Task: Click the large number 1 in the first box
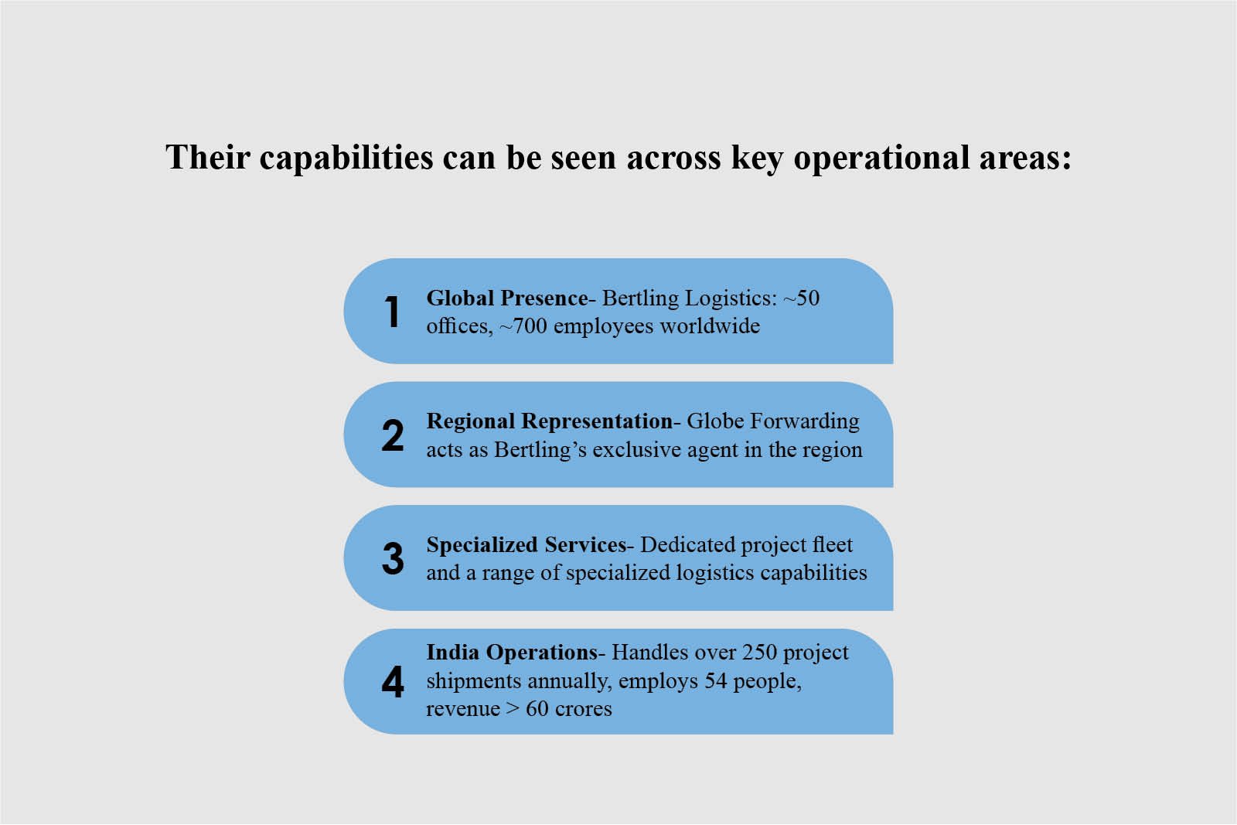click(393, 312)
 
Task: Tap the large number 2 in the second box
click(393, 435)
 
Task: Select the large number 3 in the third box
click(393, 558)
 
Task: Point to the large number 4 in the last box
click(393, 682)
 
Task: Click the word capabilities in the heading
click(346, 159)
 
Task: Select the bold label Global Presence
click(507, 298)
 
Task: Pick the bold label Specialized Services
click(526, 544)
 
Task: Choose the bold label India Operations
click(512, 653)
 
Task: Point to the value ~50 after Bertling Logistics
click(801, 298)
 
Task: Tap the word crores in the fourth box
click(580, 709)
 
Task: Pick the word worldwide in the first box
click(710, 326)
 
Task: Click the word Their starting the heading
click(208, 159)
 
